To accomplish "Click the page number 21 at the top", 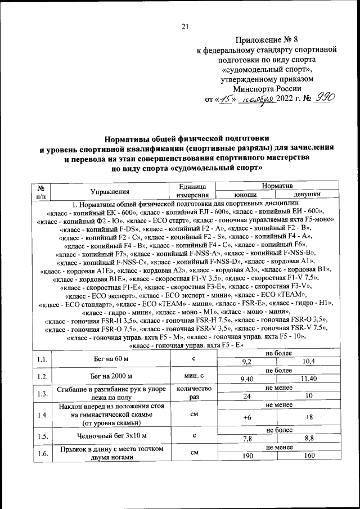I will [186, 26].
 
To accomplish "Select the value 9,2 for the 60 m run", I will [246, 361].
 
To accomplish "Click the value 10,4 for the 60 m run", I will [308, 361].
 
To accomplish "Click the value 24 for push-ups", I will [246, 397].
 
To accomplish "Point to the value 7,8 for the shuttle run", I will [246, 439].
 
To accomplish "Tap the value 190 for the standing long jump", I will [246, 456].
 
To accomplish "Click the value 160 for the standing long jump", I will [308, 456].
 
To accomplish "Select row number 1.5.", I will [41, 435].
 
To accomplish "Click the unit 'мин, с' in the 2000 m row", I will [193, 375].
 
